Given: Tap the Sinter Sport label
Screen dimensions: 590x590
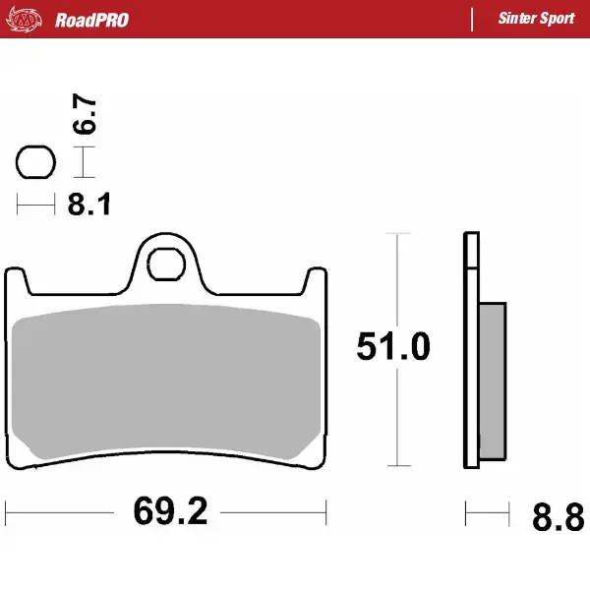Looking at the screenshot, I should click(536, 20).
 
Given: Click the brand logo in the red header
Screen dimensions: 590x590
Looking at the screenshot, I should click(31, 19).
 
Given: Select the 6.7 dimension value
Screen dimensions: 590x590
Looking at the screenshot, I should click(86, 116).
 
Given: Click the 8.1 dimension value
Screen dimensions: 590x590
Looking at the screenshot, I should click(89, 206).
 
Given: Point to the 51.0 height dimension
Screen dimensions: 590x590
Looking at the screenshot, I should click(393, 348).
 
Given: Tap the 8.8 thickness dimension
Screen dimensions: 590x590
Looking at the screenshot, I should click(557, 515).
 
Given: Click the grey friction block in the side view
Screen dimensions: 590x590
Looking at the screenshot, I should click(493, 383).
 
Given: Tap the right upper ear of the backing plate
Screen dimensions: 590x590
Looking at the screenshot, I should click(315, 280).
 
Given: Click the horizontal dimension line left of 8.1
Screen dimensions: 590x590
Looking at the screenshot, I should click(35, 206).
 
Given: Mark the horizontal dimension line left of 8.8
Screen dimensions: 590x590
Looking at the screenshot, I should click(488, 512).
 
